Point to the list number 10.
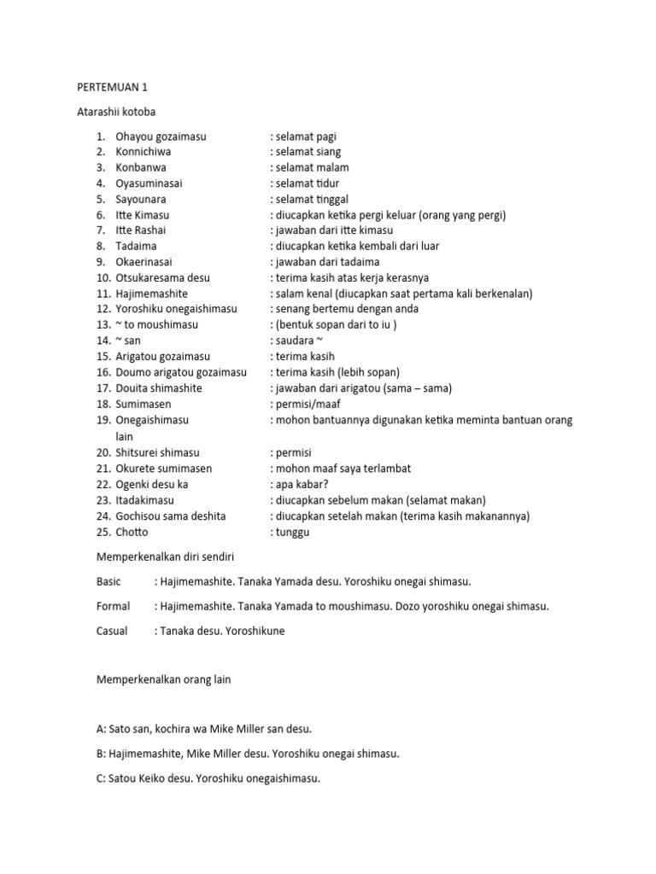(x=102, y=278)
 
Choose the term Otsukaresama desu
(x=162, y=278)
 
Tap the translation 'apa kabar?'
(x=304, y=484)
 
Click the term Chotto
(x=132, y=532)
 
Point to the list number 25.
(x=102, y=532)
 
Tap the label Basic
(x=110, y=581)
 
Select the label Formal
(x=114, y=606)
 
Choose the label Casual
(x=113, y=631)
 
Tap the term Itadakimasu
(x=146, y=500)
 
